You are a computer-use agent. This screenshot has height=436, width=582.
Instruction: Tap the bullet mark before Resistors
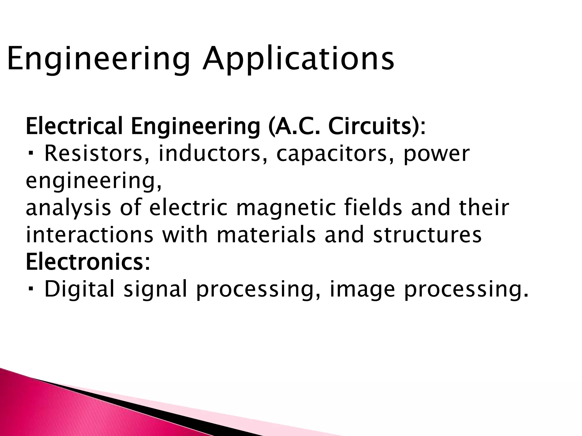pyautogui.click(x=31, y=154)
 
